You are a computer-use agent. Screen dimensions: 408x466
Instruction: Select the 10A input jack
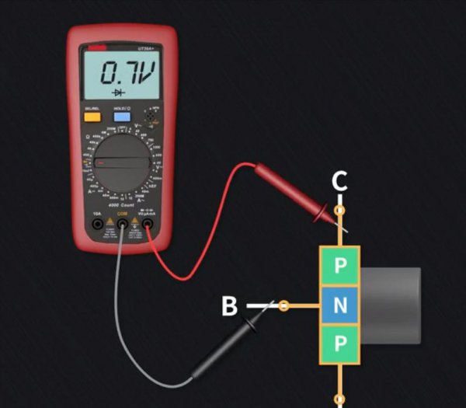click(x=98, y=225)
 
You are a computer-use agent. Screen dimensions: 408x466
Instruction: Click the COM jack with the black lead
click(x=122, y=225)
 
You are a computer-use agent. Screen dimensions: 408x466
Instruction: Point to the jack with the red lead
click(x=146, y=225)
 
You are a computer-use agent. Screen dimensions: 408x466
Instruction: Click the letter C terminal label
click(x=339, y=182)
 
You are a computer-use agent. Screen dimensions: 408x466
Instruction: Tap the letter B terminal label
click(x=229, y=306)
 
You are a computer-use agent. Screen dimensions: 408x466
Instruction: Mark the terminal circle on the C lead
click(x=339, y=211)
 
